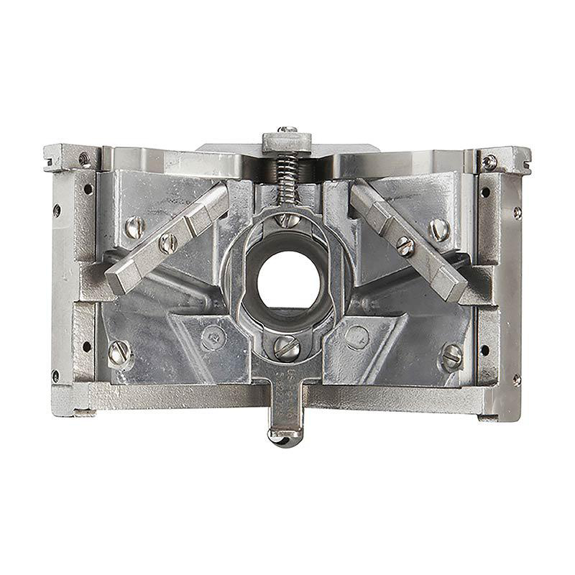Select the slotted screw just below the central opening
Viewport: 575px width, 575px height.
[x=286, y=347]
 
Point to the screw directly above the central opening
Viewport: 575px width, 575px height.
[x=287, y=218]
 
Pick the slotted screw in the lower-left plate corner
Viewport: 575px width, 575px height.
[x=119, y=352]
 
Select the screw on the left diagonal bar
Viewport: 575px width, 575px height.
[x=168, y=242]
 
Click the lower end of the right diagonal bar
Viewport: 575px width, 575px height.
[x=454, y=285]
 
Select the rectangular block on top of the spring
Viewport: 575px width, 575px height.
[x=287, y=142]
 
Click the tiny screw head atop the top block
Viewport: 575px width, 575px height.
[x=288, y=129]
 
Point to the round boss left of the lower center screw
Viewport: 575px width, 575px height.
[x=213, y=335]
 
